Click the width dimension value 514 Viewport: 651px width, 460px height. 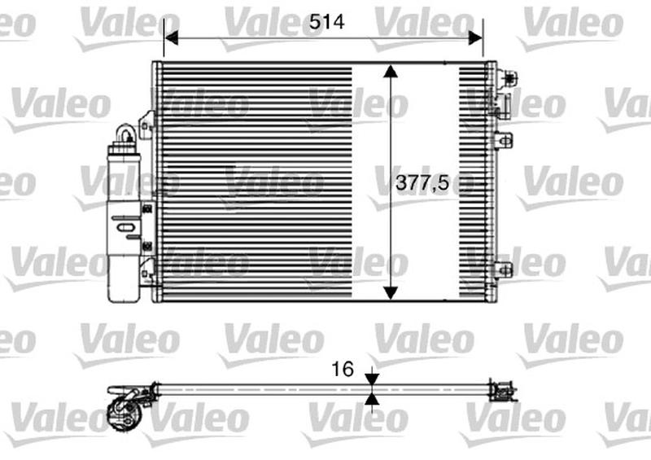pyautogui.click(x=326, y=24)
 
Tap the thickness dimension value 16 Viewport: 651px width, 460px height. pyautogui.click(x=343, y=370)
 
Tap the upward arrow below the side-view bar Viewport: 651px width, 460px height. pyautogui.click(x=372, y=399)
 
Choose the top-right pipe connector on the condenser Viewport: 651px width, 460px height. pyautogui.click(x=509, y=79)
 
